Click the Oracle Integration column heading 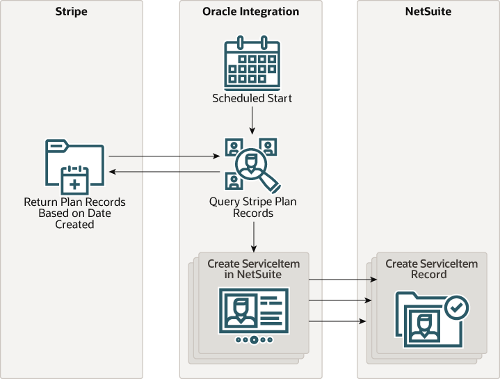(252, 12)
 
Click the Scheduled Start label (252, 99)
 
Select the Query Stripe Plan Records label (252, 207)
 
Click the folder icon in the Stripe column (74, 166)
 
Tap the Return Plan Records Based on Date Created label (74, 213)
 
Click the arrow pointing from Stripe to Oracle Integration (163, 157)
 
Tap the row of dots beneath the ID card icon (253, 340)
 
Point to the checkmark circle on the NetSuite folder (457, 307)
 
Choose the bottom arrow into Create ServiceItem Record (337, 321)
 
